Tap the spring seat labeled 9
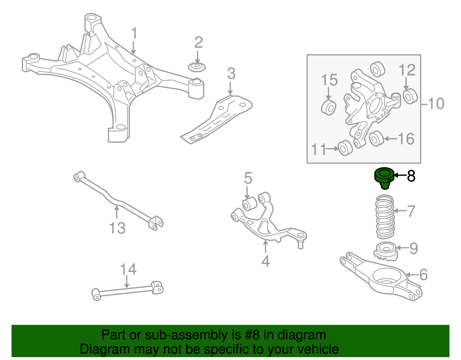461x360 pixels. tap(385, 251)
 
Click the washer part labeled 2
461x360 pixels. tap(197, 67)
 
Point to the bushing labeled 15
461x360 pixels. tap(328, 107)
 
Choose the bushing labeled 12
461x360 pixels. tap(410, 96)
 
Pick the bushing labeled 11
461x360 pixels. tap(345, 148)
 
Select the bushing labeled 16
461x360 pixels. tap(376, 138)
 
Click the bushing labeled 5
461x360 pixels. tap(249, 203)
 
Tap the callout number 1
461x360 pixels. tap(134, 34)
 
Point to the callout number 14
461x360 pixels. tap(128, 269)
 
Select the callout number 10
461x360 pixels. tap(436, 103)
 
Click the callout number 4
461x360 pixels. tap(265, 261)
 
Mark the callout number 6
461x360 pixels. tap(423, 274)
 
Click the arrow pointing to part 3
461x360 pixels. tap(230, 88)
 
